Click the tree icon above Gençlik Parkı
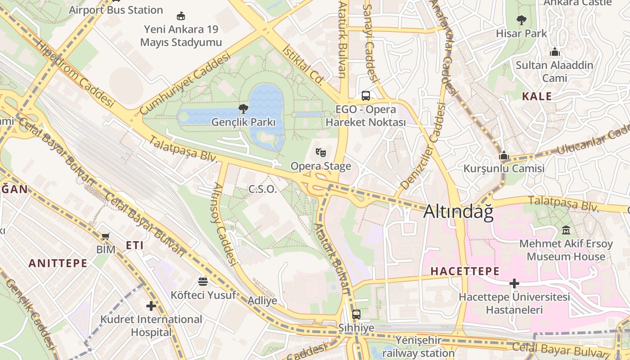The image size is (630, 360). click(243, 108)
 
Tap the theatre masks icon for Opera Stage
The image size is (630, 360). click(320, 153)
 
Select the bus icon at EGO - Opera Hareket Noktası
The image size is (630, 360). click(366, 95)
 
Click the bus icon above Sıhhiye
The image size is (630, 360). click(356, 314)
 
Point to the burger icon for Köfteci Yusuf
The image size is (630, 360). click(203, 281)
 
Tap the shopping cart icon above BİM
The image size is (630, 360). click(106, 236)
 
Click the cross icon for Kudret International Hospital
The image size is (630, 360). click(151, 306)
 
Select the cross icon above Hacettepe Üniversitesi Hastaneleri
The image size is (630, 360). click(514, 283)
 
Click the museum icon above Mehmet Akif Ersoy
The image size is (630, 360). click(566, 230)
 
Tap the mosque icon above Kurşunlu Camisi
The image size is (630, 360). click(504, 155)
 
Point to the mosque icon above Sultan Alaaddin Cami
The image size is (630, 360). click(554, 52)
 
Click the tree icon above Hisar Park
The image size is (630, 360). click(522, 20)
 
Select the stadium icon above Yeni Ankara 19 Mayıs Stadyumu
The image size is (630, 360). click(181, 16)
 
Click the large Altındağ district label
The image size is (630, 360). click(458, 212)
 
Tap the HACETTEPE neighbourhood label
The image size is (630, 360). click(465, 271)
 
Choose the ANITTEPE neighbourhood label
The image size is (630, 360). click(58, 263)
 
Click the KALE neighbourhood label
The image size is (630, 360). click(536, 96)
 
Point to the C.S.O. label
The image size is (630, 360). click(263, 189)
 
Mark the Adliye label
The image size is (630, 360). click(263, 300)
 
